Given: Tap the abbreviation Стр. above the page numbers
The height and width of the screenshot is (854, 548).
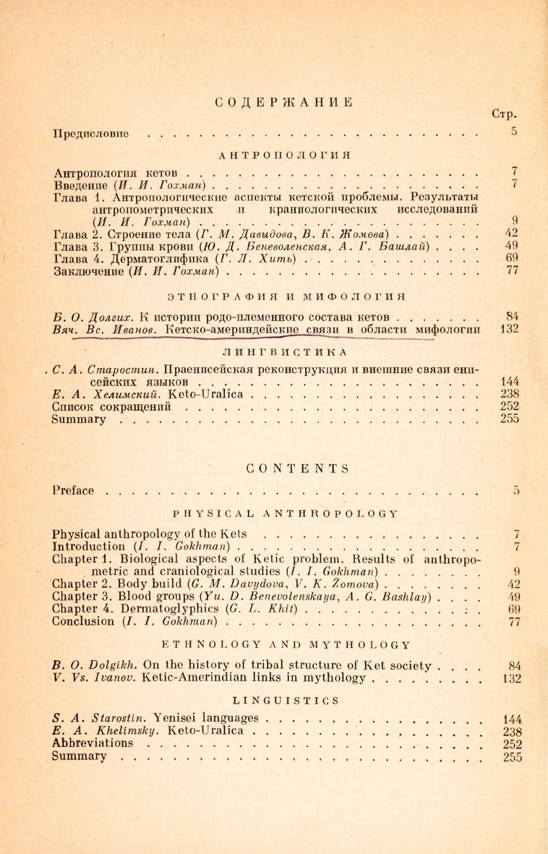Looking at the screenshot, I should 507,114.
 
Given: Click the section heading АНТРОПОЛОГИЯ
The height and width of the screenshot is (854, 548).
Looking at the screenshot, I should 283,155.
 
